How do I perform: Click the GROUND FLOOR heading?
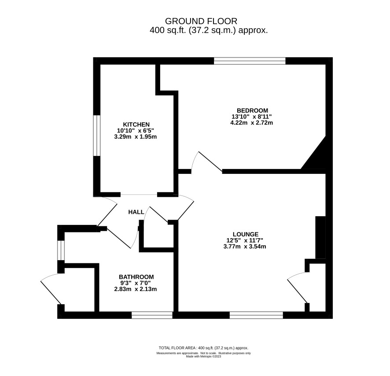click(201, 21)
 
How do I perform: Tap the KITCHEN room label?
click(136, 124)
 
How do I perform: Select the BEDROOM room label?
click(252, 110)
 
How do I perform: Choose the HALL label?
click(136, 212)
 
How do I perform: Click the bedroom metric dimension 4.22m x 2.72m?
click(252, 123)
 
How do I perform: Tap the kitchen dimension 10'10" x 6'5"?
click(136, 130)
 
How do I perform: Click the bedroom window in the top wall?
click(250, 61)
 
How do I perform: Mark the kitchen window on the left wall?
click(96, 135)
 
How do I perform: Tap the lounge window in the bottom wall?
click(256, 315)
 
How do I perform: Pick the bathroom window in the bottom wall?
click(152, 315)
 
